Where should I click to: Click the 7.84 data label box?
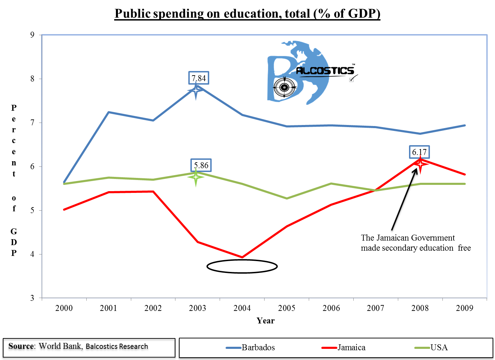coord(199,78)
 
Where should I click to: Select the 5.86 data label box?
coord(201,165)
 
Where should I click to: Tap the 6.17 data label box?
coord(419,152)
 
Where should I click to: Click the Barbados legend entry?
coord(251,347)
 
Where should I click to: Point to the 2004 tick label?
coord(242,308)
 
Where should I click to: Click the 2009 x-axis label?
coord(465,308)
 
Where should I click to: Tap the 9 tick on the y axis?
coord(32,35)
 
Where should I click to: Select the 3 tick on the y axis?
coord(32,298)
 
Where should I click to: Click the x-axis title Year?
coord(266,321)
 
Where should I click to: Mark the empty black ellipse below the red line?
coord(242,267)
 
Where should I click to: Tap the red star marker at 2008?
coord(420,164)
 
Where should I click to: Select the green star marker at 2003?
coord(196,177)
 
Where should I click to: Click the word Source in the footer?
coord(21,346)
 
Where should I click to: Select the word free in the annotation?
coord(464,248)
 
